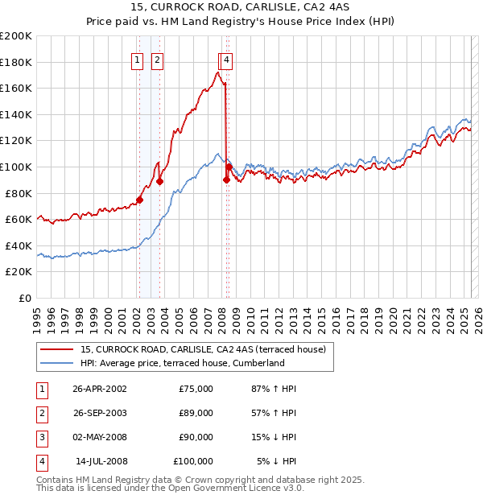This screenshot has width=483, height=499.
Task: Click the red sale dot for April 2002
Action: click(x=139, y=200)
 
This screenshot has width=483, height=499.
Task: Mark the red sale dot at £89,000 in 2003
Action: click(x=159, y=181)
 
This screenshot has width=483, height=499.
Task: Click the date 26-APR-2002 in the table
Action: click(x=100, y=389)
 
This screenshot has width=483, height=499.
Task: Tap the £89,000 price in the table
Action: click(x=196, y=413)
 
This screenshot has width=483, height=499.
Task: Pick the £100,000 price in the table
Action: click(x=193, y=461)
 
